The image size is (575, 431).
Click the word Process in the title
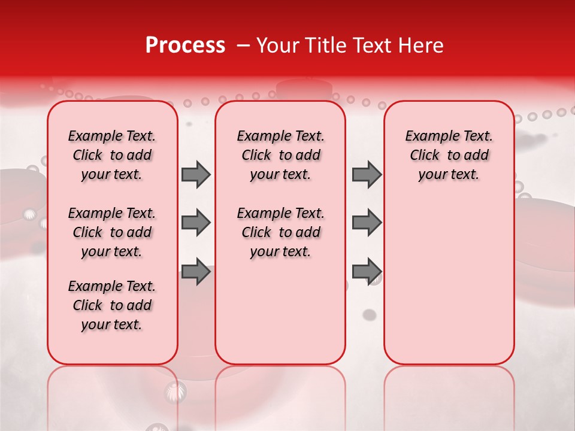tap(185, 45)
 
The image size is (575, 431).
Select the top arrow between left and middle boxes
tap(196, 175)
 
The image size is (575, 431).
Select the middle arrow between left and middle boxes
tap(196, 223)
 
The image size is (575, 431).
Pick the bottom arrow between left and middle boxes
tap(196, 272)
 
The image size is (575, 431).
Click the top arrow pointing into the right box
tap(367, 175)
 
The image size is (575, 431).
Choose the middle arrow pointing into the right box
tap(367, 223)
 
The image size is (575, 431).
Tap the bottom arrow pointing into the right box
tap(367, 272)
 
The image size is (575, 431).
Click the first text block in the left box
tap(112, 155)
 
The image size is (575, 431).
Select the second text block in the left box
tap(112, 232)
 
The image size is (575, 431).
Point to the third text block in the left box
tap(112, 305)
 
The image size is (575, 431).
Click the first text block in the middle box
tap(280, 155)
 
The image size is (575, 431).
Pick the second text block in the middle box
tap(280, 232)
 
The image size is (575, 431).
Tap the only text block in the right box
tap(449, 155)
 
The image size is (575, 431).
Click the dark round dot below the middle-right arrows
tap(370, 314)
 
